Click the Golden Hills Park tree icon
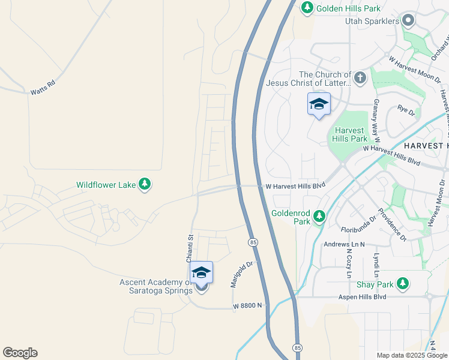point(307,7)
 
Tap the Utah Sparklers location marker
point(409,21)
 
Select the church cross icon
point(360,77)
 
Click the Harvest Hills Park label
point(349,134)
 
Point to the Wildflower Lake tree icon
point(144,185)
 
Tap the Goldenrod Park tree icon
point(319,216)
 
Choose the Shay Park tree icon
point(405,283)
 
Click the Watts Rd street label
point(42,88)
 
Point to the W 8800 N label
point(249,306)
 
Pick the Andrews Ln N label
point(345,244)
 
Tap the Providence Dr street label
point(393,226)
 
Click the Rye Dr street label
point(406,110)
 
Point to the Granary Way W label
point(376,117)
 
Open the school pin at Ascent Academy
point(202,274)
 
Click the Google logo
point(20,353)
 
